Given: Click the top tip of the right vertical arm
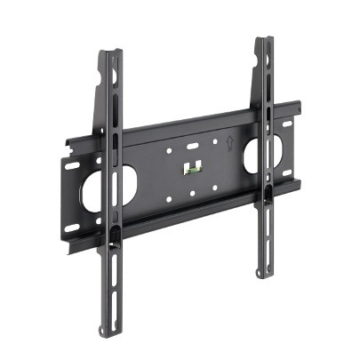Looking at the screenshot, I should [264, 39].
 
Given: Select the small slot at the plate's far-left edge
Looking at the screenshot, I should [69, 165].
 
